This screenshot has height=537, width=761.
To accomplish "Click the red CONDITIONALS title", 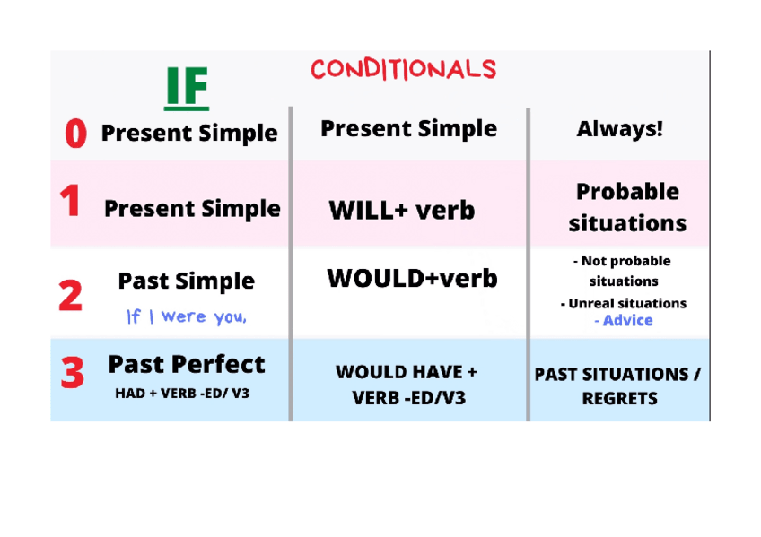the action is tap(403, 69).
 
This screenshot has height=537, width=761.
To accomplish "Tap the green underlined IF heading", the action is tap(187, 88).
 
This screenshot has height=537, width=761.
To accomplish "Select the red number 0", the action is tap(76, 134).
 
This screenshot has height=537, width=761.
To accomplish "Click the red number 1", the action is tap(70, 201).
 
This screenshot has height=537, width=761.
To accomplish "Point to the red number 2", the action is tap(70, 295).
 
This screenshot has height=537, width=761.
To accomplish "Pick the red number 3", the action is tap(73, 372).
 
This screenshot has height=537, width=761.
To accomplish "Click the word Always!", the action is tap(620, 129).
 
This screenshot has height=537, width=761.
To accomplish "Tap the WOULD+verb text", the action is tap(413, 278).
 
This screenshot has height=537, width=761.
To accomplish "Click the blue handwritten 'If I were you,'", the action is tap(187, 316).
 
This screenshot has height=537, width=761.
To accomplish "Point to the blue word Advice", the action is tap(624, 320).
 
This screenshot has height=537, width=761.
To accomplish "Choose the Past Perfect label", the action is tap(187, 365).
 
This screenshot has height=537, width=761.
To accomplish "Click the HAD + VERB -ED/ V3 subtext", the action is tap(182, 393).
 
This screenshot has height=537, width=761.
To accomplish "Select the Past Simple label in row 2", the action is tap(187, 281).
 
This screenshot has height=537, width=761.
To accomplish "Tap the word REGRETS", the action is tap(620, 398).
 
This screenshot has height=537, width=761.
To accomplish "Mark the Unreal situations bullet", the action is tap(624, 303).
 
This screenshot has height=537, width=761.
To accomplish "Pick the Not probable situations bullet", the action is tap(623, 271).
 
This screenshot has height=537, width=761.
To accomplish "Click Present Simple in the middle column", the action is tap(408, 129).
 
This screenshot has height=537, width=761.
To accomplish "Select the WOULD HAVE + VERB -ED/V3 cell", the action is tap(407, 385).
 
